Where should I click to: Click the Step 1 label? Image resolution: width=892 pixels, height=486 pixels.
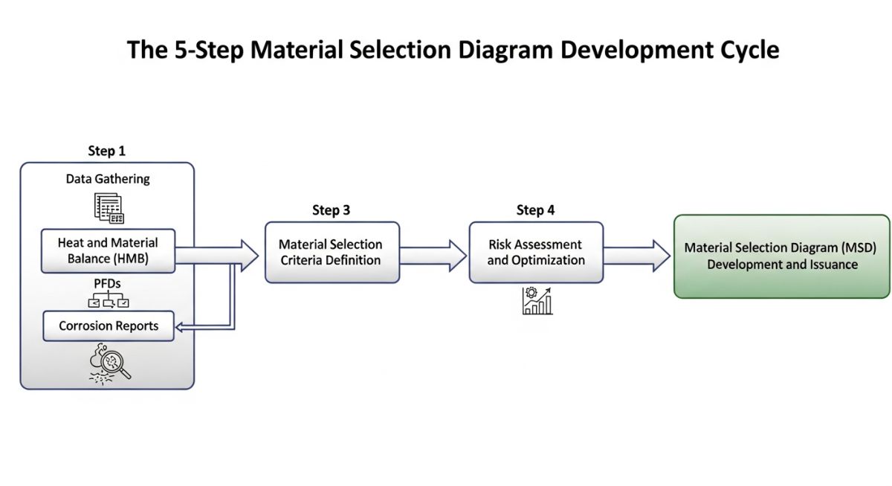[107, 151]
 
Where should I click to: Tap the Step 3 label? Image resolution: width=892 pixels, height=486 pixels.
[332, 210]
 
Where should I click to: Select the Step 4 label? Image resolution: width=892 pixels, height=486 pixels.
[535, 210]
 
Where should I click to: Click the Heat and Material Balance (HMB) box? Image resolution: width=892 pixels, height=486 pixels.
[108, 251]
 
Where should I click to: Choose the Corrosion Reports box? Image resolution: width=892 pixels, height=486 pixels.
[108, 326]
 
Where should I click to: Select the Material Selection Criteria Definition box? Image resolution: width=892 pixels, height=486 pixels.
[332, 252]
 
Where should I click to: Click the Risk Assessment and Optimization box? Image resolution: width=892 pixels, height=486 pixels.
[535, 252]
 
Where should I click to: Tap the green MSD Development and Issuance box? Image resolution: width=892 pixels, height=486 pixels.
[781, 256]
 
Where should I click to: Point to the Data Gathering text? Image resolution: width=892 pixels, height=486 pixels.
[108, 179]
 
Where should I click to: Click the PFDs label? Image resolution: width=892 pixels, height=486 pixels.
[108, 283]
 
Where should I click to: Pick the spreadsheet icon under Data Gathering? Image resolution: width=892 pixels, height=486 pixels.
[109, 207]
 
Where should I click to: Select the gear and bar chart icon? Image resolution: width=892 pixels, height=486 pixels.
[537, 301]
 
